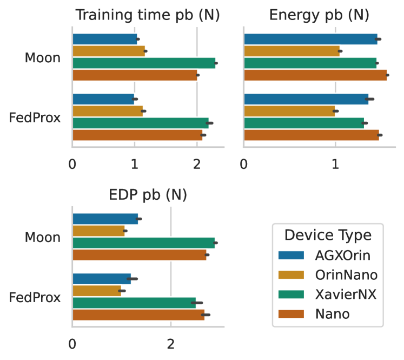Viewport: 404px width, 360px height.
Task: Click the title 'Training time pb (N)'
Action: point(147,15)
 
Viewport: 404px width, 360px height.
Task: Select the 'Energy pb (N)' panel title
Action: point(319,15)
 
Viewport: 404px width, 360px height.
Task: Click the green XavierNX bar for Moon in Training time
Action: point(143,63)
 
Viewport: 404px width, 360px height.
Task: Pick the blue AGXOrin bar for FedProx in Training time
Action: point(103,99)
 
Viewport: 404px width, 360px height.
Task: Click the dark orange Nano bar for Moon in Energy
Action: point(315,75)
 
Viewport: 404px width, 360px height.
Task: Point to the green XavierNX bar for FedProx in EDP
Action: point(134,303)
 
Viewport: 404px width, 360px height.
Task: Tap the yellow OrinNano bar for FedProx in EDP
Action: point(96,291)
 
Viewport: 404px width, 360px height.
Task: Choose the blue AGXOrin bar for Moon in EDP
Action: point(105,219)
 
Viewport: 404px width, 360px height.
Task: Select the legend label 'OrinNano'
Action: point(346,275)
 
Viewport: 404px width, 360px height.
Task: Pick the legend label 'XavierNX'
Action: point(346,294)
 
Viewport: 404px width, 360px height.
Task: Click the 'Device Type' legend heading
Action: point(328,235)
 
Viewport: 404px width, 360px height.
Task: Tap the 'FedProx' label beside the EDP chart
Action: point(35,297)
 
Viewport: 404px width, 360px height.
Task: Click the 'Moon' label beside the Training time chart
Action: point(42,57)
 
